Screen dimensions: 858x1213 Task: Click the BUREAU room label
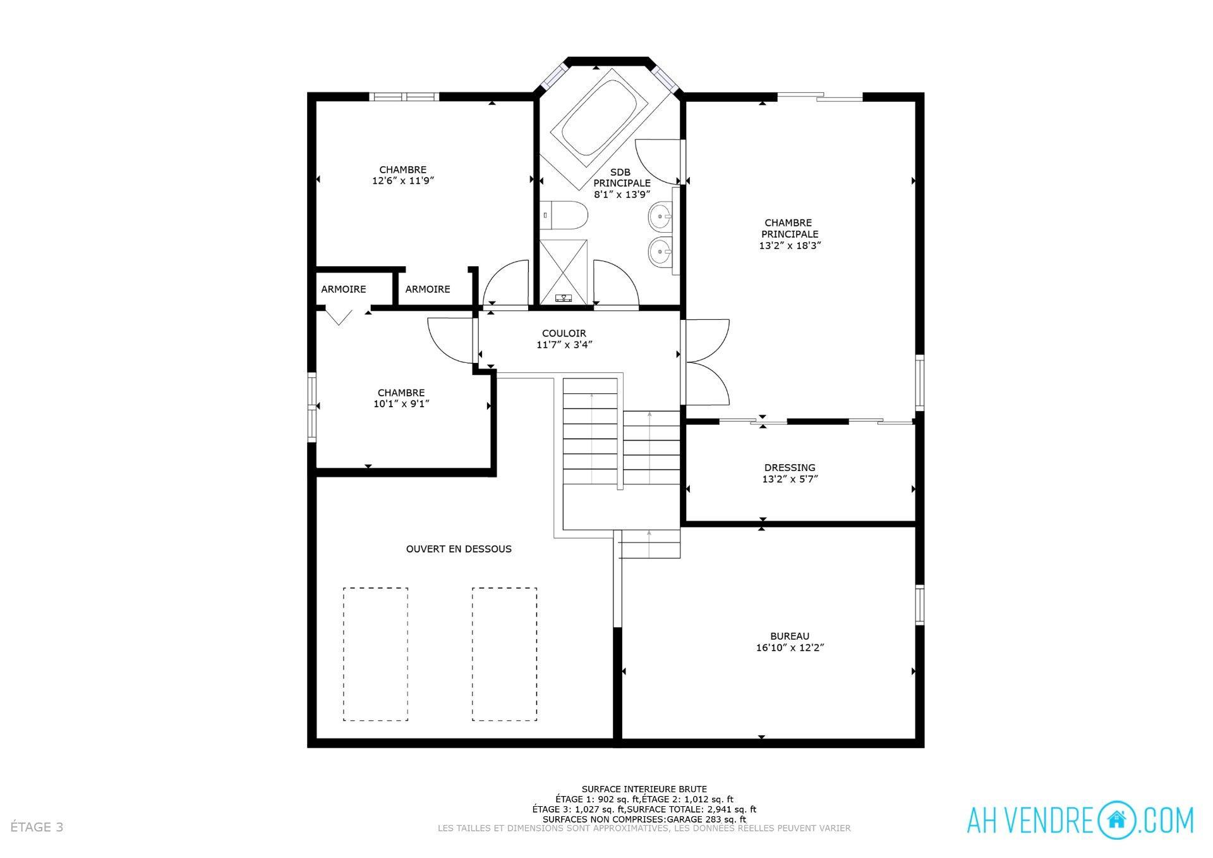[789, 636]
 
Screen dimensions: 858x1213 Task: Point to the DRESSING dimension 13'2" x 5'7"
[790, 479]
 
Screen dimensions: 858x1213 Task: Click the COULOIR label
[564, 333]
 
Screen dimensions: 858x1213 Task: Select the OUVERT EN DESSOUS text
[459, 549]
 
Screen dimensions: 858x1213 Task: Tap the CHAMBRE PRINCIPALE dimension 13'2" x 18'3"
[790, 246]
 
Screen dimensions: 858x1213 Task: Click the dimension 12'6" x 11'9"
[403, 181]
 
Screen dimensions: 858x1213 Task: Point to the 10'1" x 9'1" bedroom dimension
[401, 404]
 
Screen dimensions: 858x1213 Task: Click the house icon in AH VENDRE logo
[1116, 820]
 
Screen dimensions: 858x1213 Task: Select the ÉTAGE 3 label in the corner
[37, 827]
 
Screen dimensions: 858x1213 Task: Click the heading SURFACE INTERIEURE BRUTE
[644, 789]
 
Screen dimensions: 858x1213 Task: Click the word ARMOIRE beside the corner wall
[343, 289]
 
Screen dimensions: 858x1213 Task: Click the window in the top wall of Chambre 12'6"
[404, 97]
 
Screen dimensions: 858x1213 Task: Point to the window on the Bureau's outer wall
[919, 605]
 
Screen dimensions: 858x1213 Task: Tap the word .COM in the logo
[1166, 821]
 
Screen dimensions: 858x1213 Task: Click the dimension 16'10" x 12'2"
[790, 647]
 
